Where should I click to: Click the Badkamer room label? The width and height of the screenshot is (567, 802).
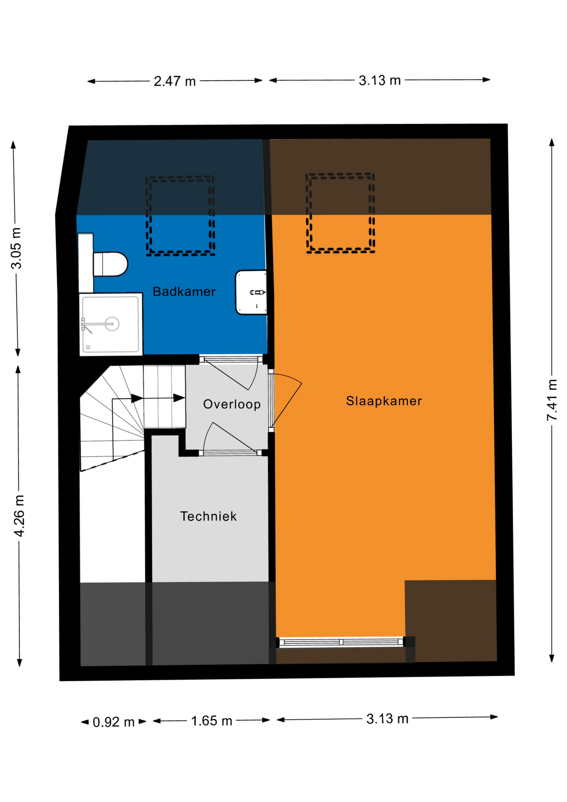pyautogui.click(x=184, y=292)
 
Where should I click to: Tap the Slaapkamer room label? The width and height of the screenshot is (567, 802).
pyautogui.click(x=384, y=401)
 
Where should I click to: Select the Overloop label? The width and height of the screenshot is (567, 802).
pyautogui.click(x=232, y=404)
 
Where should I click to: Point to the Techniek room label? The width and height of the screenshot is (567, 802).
pyautogui.click(x=208, y=516)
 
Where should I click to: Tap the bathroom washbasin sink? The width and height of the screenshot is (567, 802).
pyautogui.click(x=251, y=292)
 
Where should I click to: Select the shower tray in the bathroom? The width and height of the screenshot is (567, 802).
pyautogui.click(x=111, y=324)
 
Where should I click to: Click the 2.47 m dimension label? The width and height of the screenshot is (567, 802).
pyautogui.click(x=175, y=81)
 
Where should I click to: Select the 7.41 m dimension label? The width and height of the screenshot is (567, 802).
pyautogui.click(x=552, y=400)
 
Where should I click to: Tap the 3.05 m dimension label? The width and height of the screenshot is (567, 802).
pyautogui.click(x=16, y=248)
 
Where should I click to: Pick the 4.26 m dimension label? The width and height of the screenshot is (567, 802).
pyautogui.click(x=19, y=515)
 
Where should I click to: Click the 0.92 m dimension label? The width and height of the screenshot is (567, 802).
pyautogui.click(x=114, y=722)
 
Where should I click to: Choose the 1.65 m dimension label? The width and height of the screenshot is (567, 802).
pyautogui.click(x=211, y=721)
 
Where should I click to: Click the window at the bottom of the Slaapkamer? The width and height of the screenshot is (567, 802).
pyautogui.click(x=341, y=642)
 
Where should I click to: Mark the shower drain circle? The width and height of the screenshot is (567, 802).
pyautogui.click(x=112, y=324)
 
